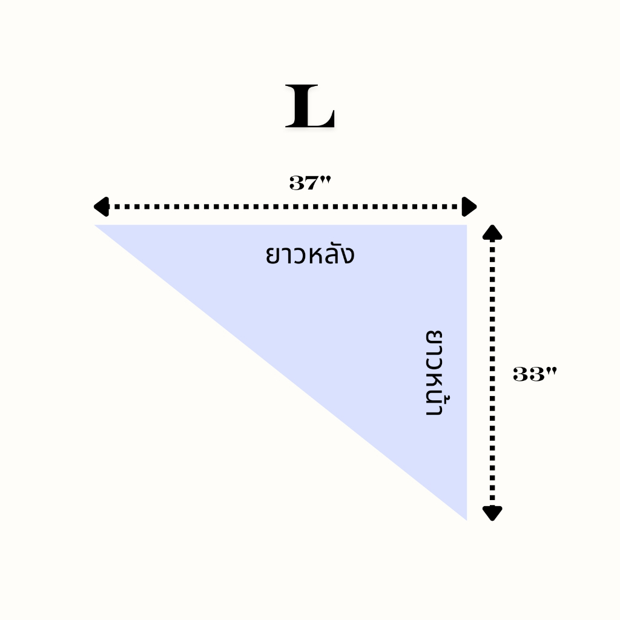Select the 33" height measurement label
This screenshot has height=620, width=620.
click(534, 375)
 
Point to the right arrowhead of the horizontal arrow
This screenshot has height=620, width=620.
click(469, 206)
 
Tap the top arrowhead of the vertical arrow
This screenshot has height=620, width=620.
click(493, 233)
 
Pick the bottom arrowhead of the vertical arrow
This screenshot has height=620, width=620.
click(493, 513)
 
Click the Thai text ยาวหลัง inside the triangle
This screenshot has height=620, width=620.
click(309, 254)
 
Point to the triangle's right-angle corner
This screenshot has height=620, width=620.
click(465, 226)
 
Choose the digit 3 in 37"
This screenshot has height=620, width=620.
click(297, 182)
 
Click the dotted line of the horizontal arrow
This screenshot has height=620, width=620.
click(285, 206)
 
